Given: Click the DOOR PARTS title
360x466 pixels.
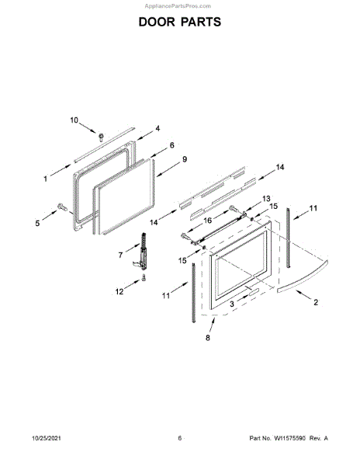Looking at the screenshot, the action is pyautogui.click(x=180, y=22).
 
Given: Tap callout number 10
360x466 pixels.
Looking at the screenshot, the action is pyautogui.click(x=74, y=120).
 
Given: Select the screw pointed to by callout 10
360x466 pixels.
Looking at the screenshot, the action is pyautogui.click(x=101, y=137).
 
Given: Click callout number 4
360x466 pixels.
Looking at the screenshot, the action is pyautogui.click(x=157, y=128).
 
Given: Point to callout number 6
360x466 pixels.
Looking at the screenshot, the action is pyautogui.click(x=171, y=145).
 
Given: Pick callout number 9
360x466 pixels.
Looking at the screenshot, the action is pyautogui.click(x=185, y=159).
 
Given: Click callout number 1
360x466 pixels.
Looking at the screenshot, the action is pyautogui.click(x=46, y=179).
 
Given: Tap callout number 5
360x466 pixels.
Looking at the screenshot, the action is pyautogui.click(x=37, y=223).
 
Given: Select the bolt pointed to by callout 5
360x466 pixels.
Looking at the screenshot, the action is pyautogui.click(x=62, y=207).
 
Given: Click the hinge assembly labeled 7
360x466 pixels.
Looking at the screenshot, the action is pyautogui.click(x=143, y=252).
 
